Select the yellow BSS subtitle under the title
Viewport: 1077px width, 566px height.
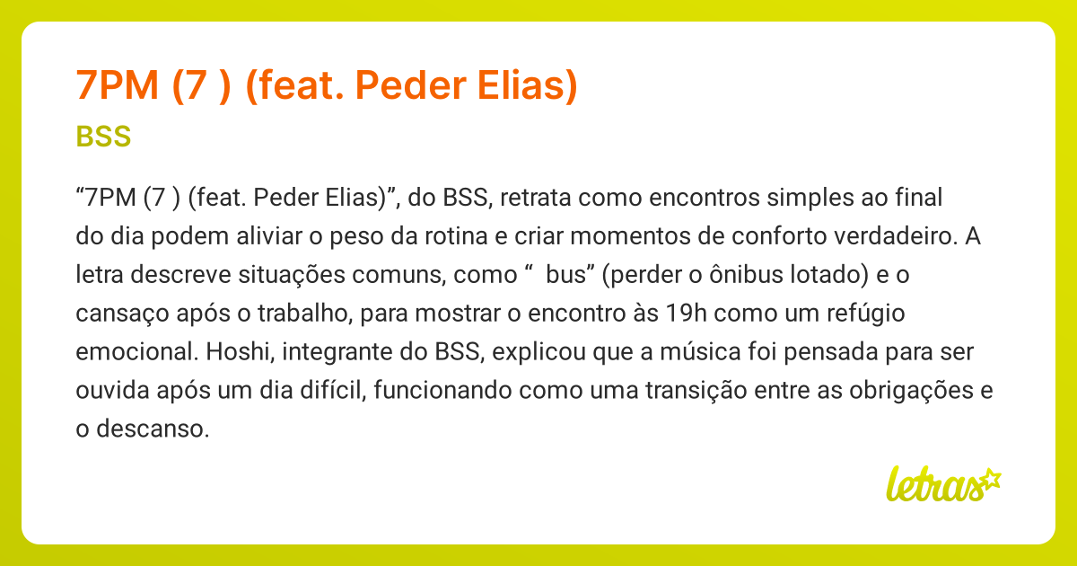(104, 137)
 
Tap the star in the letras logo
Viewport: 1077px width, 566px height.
(990, 478)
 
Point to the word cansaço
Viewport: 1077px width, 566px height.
(115, 314)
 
